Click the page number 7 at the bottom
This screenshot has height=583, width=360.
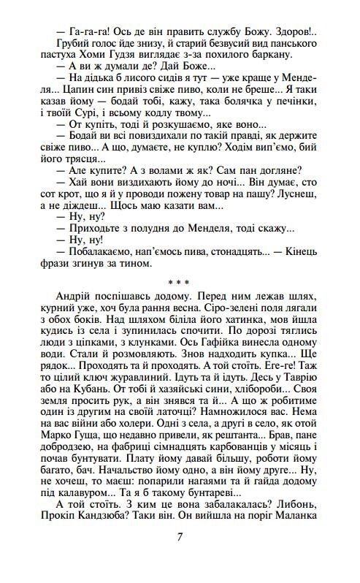[180, 537]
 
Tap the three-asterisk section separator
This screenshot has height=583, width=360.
[180, 281]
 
